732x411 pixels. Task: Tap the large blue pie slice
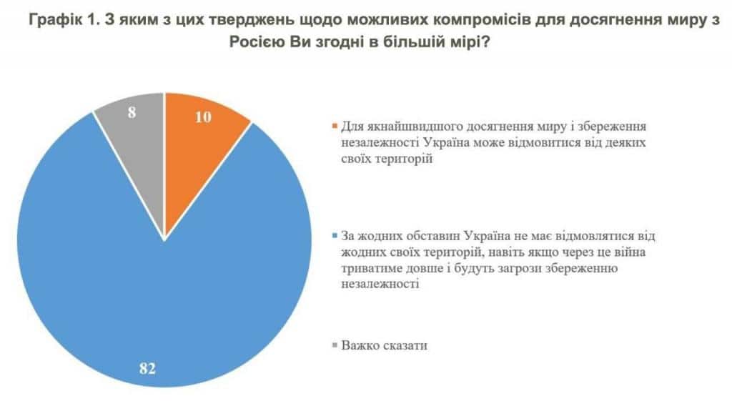[143, 286]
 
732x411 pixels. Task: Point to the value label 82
[147, 370]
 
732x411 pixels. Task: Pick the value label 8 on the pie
[132, 112]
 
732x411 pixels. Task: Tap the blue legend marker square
[335, 237]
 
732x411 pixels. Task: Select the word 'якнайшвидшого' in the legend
[406, 127]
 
